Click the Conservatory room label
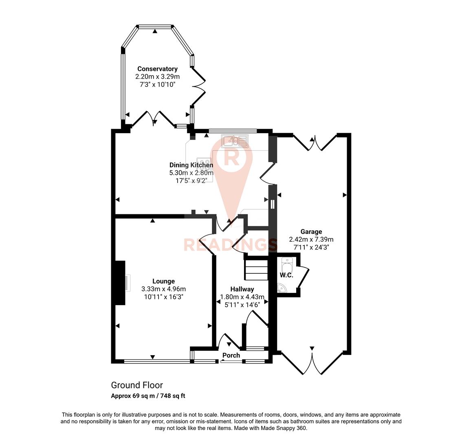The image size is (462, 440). tap(157, 69)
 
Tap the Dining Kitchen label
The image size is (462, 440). tap(191, 165)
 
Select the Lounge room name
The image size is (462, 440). tap(163, 281)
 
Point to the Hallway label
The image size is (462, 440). tap(242, 289)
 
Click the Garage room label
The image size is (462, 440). tap(311, 232)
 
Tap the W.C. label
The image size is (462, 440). tap(286, 275)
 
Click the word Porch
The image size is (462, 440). tap(231, 355)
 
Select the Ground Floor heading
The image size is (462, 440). tap(137, 385)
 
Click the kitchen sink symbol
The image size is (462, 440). tap(235, 141)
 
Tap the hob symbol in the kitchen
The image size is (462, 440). tap(202, 163)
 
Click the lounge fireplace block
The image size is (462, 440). tap(119, 283)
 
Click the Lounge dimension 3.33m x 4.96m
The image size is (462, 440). tap(163, 289)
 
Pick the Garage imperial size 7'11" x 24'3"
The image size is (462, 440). tap(311, 247)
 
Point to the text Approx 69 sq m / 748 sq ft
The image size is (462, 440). tap(148, 396)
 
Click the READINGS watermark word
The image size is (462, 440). tap(231, 245)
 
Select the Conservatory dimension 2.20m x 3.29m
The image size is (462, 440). tap(157, 77)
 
